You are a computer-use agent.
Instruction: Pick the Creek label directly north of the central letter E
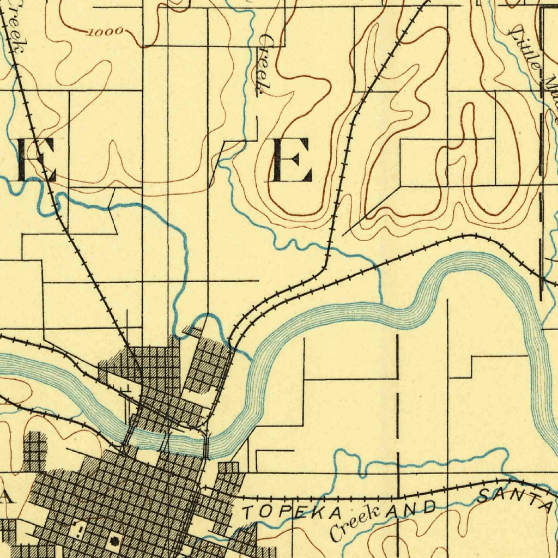264,64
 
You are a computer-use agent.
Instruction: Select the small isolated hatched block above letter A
35,451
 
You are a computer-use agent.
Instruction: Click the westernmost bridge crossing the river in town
129,436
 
